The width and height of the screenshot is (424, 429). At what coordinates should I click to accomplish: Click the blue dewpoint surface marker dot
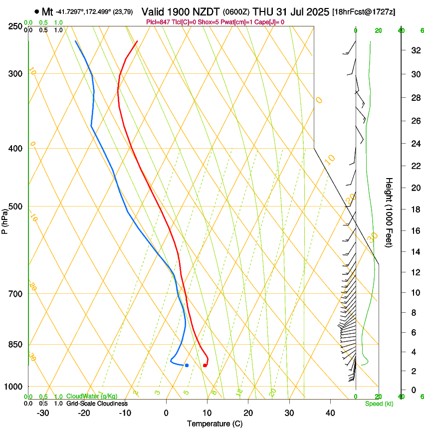[187, 365]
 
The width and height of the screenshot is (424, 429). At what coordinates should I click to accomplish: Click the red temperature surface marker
[205, 366]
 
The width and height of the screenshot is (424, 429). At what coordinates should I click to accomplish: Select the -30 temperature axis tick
[43, 413]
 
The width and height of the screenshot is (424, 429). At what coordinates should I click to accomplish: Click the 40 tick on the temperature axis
[330, 413]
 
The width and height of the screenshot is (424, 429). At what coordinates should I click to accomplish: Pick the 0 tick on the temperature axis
[166, 413]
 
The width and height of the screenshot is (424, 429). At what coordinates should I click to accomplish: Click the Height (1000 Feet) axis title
[389, 212]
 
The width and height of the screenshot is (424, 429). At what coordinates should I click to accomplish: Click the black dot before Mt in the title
[37, 11]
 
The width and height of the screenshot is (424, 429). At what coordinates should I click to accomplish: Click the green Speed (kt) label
[379, 403]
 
